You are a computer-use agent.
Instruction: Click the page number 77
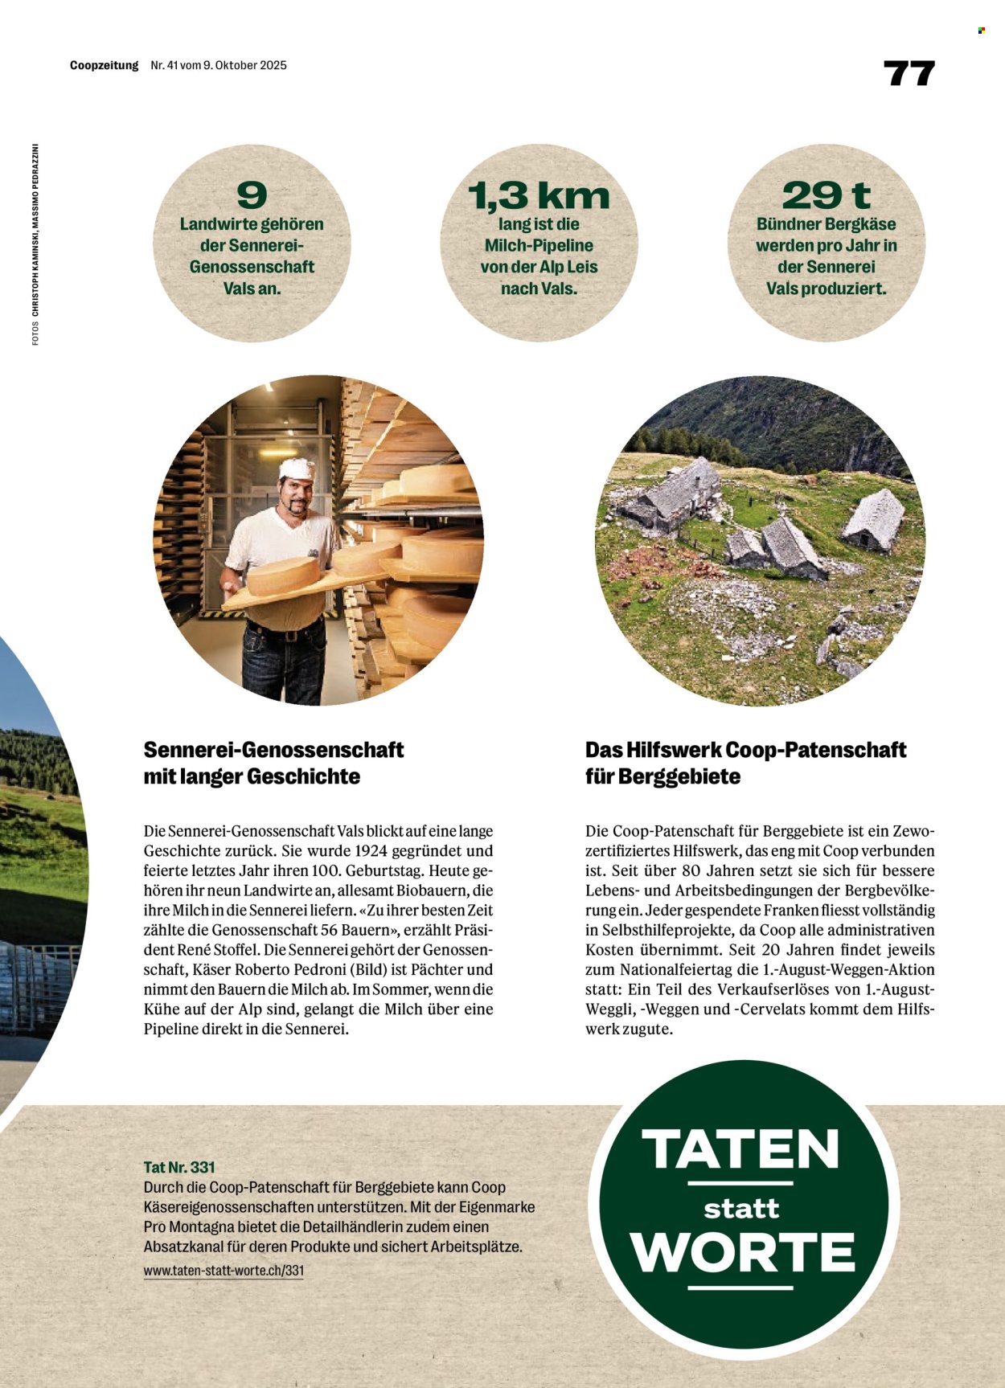[909, 73]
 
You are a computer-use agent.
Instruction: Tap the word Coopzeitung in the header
[104, 65]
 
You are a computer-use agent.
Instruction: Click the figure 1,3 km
[539, 195]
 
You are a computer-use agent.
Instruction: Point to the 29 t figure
[826, 195]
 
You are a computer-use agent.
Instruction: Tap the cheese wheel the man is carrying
[283, 575]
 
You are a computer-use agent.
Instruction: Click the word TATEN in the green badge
[740, 1149]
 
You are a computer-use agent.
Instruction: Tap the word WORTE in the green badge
[742, 1252]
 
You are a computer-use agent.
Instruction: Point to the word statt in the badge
[741, 1209]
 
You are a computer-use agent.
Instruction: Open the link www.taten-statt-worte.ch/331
[224, 1271]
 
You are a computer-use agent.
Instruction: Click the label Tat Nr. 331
[179, 1167]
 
